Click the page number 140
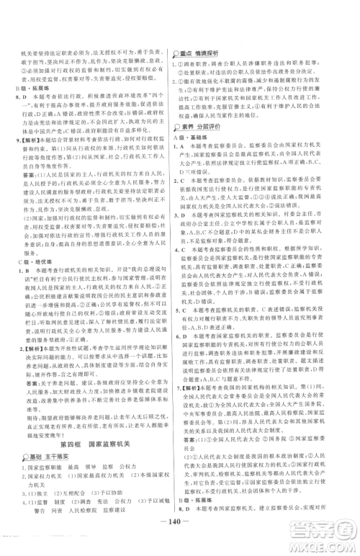[180, 536]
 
